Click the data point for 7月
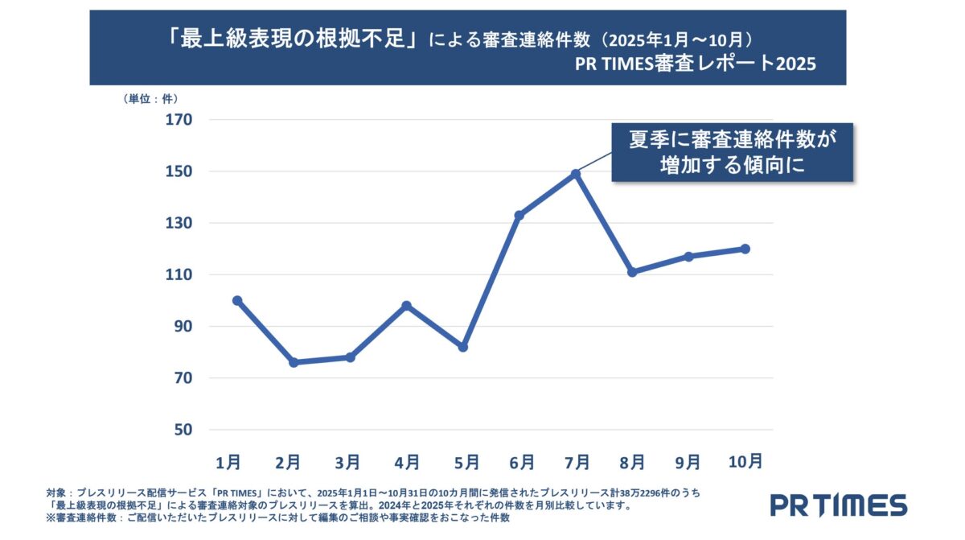pos(576,174)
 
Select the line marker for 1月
pos(236,300)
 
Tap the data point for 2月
pos(294,363)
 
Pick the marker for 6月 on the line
pos(519,216)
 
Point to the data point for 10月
pos(745,249)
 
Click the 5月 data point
pos(463,347)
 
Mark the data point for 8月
pos(632,272)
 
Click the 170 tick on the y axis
pos(179,120)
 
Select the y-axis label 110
pos(179,274)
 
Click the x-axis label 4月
pos(407,463)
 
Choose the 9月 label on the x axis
pos(688,463)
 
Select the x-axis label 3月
pos(347,463)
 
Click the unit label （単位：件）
pos(150,99)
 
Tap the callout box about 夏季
pos(733,152)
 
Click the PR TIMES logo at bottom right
pos(839,505)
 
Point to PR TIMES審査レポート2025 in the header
pos(695,64)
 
